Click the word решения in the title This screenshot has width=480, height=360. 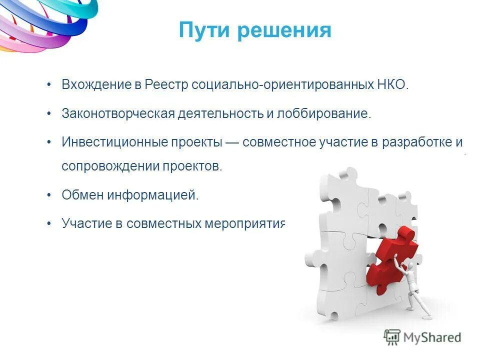click(x=284, y=31)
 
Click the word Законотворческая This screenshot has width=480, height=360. click(x=118, y=113)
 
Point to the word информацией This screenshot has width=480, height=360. click(x=152, y=194)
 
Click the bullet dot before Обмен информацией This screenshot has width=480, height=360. click(x=49, y=194)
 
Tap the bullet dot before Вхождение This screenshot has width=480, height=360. click(x=49, y=84)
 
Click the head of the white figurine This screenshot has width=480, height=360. click(x=409, y=265)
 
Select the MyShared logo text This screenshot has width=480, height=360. click(x=432, y=337)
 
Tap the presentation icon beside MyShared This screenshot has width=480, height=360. click(x=392, y=337)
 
